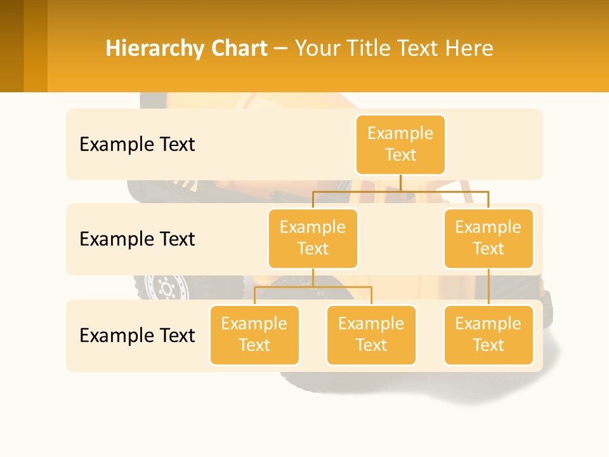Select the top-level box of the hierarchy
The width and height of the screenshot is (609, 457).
(x=400, y=145)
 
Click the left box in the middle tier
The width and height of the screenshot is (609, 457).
(x=313, y=238)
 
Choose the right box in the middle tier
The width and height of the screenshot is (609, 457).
(x=488, y=238)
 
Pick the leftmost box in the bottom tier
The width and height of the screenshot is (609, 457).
(x=254, y=334)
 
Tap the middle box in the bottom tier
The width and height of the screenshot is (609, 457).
(x=371, y=334)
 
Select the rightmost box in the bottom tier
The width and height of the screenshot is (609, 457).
(x=488, y=334)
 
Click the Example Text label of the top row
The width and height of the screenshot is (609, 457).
(x=137, y=145)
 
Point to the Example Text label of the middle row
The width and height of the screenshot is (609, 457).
(x=137, y=239)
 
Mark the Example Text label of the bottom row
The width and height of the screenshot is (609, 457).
(x=137, y=335)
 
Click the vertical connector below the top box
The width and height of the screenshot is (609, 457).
(x=400, y=183)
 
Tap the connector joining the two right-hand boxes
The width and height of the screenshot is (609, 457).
(x=488, y=287)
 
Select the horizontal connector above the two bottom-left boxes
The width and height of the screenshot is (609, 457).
(x=313, y=287)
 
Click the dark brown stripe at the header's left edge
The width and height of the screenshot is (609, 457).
(x=11, y=46)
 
